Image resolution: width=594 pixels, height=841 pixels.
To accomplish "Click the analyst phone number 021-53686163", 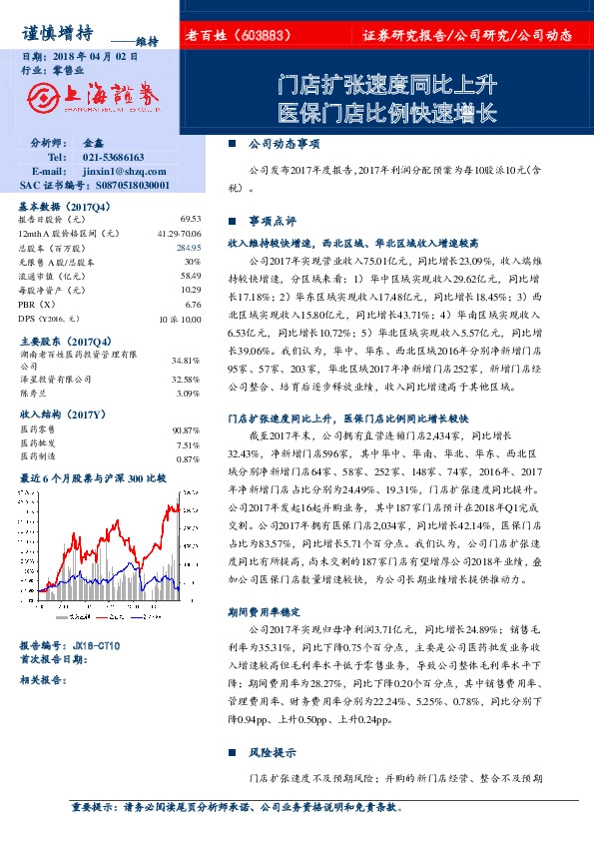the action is coord(113,158).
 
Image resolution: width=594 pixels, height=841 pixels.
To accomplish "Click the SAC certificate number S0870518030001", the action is coord(119,185).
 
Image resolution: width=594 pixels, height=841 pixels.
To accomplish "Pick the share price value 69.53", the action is coord(191,218).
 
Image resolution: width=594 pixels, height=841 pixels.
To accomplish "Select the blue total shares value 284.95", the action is coord(188,247).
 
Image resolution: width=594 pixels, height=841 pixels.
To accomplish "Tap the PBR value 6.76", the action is coord(194,304).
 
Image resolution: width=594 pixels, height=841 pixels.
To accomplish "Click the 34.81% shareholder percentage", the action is coord(186,360).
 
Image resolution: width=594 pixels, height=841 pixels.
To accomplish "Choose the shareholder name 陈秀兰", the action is coord(36,394).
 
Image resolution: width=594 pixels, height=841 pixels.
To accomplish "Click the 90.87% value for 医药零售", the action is coord(186,430).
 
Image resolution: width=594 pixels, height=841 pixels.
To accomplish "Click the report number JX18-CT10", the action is coord(96,646).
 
